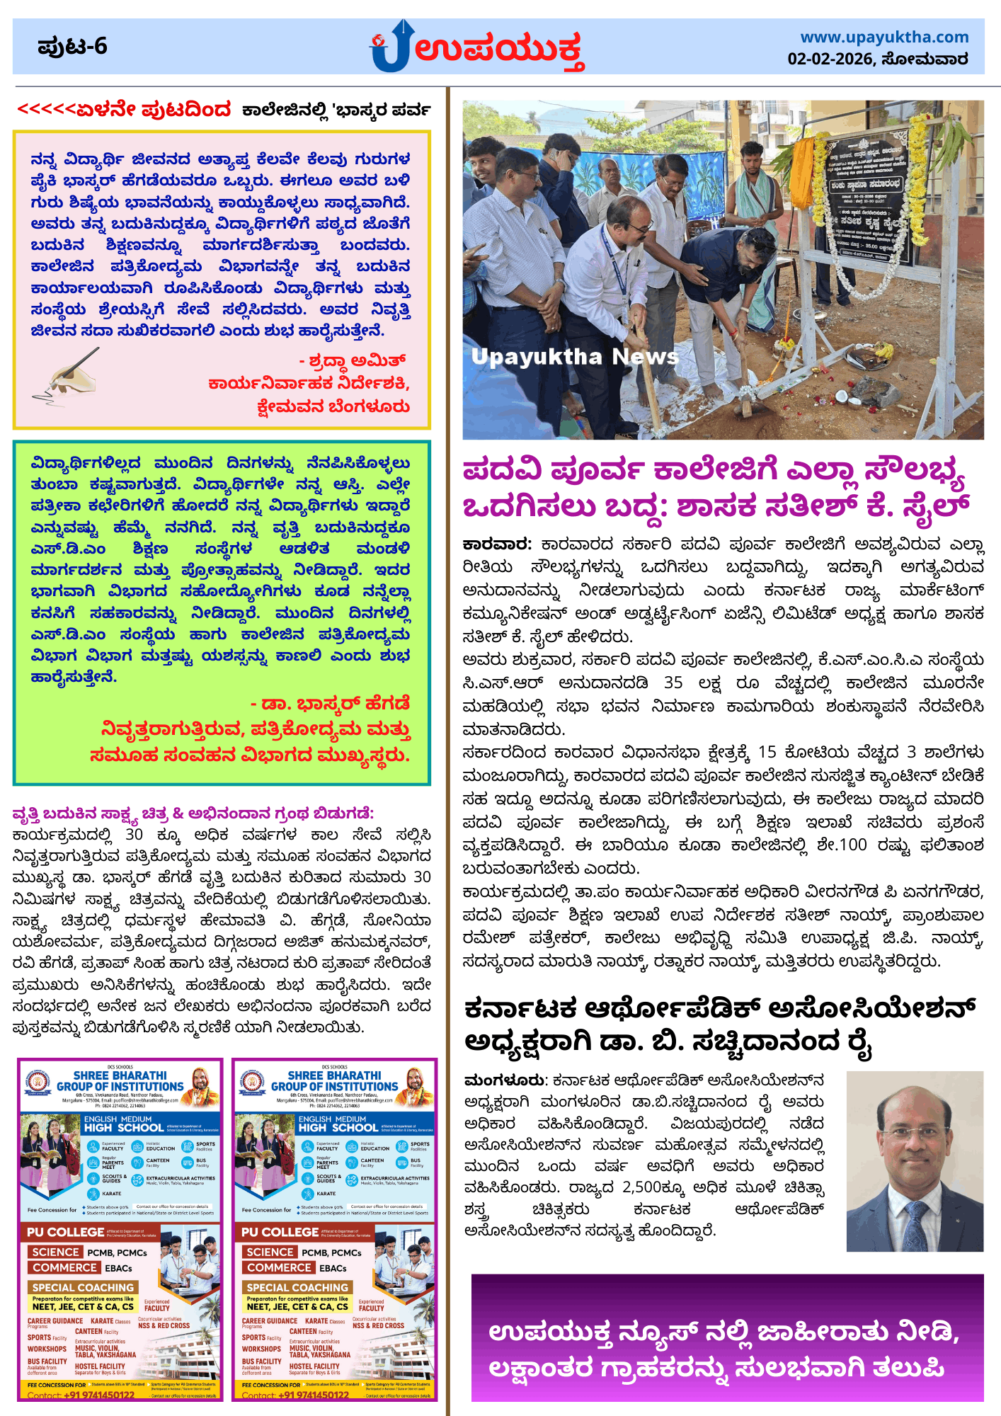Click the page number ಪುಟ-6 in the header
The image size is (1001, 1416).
coord(72,47)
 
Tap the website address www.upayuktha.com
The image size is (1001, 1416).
coord(884,37)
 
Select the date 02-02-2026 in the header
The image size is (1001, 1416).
coord(830,59)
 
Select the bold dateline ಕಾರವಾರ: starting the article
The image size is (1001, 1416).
coord(497,544)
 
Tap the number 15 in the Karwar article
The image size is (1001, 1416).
coord(767,752)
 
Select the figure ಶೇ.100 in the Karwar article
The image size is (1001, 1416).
coord(842,845)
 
